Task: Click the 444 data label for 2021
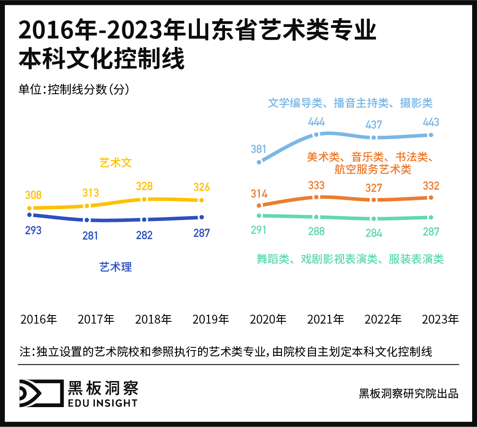[x=316, y=122]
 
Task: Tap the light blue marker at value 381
[x=259, y=162]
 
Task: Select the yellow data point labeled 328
[x=144, y=199]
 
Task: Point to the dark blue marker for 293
[x=30, y=215]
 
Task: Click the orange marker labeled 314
[x=259, y=205]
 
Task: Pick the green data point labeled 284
[x=374, y=219]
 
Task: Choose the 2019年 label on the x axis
[x=211, y=319]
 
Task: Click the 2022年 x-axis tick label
[x=383, y=319]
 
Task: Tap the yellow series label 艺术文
[x=116, y=163]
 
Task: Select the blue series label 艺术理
[x=116, y=267]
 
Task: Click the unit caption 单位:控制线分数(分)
[x=74, y=89]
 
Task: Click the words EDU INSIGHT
[x=102, y=402]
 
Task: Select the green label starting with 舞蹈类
[x=350, y=259]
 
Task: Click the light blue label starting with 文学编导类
[x=350, y=103]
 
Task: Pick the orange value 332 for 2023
[x=431, y=185]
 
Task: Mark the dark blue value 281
[x=90, y=236]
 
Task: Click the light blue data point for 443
[x=431, y=135]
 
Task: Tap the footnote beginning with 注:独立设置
[x=225, y=352]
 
